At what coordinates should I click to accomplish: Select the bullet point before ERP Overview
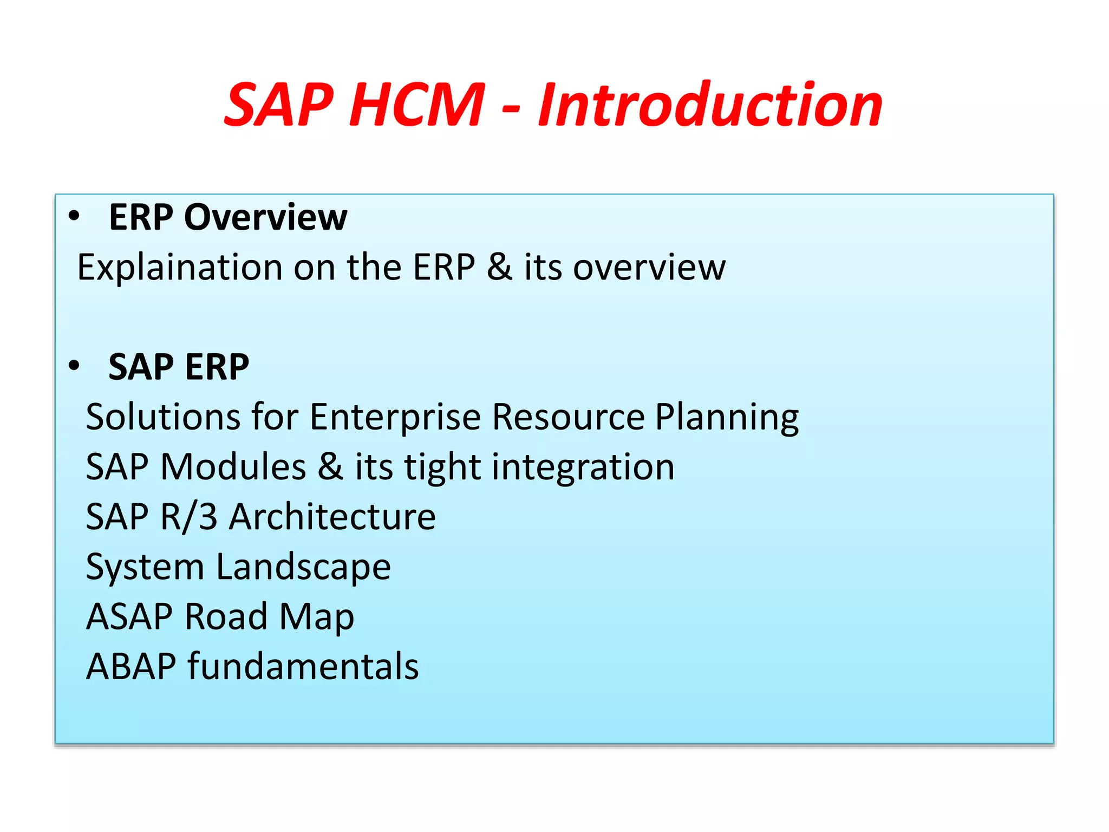[74, 217]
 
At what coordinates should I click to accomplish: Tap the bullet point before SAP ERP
[74, 366]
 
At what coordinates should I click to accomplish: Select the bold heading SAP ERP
[179, 367]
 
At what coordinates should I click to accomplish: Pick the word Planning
[727, 418]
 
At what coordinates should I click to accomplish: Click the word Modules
[233, 467]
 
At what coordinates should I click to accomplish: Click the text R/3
[189, 517]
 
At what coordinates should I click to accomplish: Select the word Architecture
[332, 517]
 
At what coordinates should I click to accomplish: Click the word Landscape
[303, 568]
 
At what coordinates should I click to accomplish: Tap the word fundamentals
[303, 667]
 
